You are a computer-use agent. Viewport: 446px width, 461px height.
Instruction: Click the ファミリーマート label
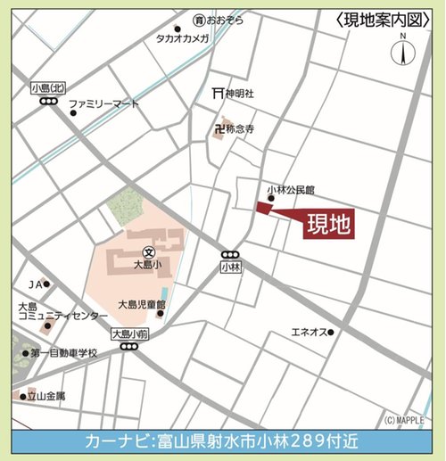point(104,104)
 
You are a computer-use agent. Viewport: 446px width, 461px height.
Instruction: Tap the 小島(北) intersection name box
point(48,87)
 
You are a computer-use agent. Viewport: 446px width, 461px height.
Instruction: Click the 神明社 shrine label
point(235,93)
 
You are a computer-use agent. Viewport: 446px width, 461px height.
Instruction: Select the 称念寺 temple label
point(240,130)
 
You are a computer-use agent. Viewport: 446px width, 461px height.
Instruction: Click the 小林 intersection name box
point(230,267)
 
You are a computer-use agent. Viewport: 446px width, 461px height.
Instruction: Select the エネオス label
point(307,332)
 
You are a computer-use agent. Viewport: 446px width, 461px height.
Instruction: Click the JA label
point(35,284)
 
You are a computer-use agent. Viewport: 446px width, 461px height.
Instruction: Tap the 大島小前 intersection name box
point(128,333)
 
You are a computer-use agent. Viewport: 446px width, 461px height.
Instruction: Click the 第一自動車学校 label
point(63,353)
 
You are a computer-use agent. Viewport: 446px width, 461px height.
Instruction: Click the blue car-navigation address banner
point(223,440)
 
